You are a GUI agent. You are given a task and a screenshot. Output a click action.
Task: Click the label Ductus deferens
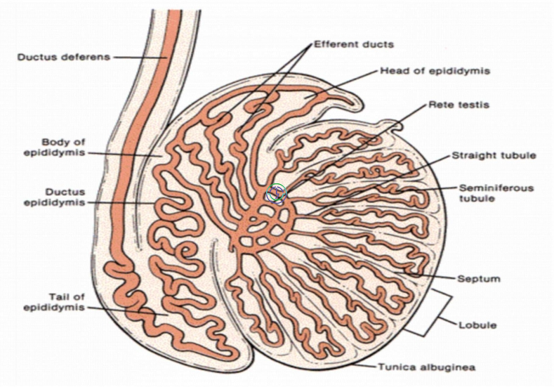click(x=64, y=57)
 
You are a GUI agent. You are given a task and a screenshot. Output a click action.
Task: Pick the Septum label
click(x=479, y=279)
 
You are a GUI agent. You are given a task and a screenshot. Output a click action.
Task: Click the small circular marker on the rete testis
click(x=275, y=194)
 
